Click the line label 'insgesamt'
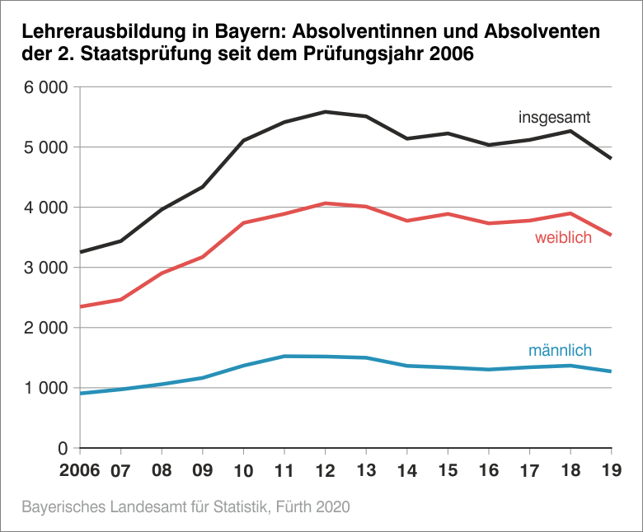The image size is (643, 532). [554, 116]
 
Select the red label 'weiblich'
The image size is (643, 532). [563, 239]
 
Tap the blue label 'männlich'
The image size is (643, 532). [560, 351]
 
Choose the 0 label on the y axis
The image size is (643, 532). [62, 449]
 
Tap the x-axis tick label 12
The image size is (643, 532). [326, 472]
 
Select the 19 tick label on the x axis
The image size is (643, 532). [611, 472]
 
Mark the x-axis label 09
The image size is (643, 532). [203, 472]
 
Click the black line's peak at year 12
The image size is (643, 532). [326, 111]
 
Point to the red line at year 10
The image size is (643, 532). [244, 222]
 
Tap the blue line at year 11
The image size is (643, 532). [284, 357]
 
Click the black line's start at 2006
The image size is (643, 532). [81, 252]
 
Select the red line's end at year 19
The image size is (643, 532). [610, 235]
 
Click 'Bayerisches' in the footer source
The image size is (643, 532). [61, 506]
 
